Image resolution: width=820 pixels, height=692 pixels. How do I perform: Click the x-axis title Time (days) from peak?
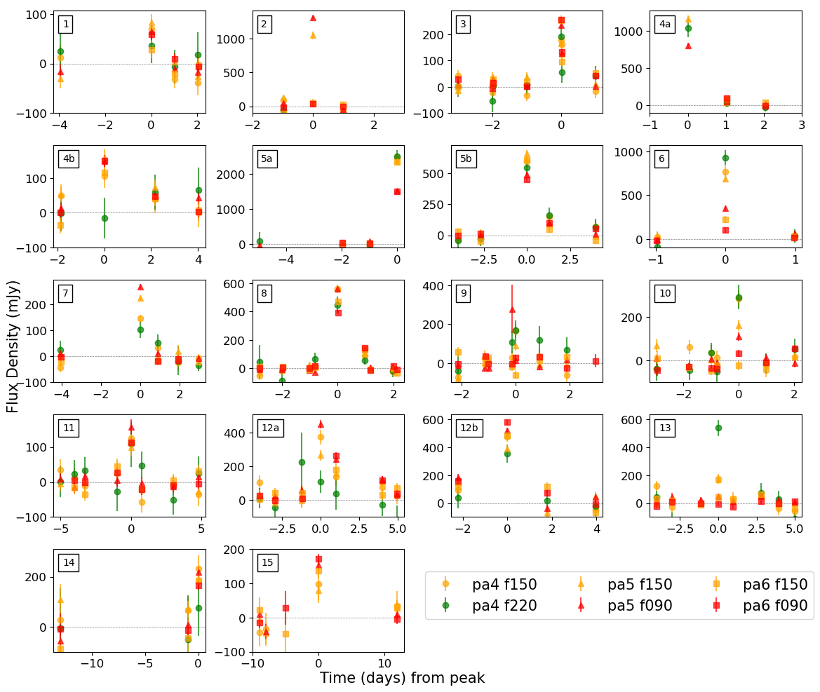402,678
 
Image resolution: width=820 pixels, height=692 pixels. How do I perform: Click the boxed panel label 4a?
664,25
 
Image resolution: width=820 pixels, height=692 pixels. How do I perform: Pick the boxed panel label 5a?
267,158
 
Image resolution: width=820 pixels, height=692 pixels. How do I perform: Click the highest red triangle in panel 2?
313,18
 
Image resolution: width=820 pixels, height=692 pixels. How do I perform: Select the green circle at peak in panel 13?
718,428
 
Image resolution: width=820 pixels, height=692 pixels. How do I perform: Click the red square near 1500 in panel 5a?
397,191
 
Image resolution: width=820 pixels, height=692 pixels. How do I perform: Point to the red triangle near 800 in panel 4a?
688,46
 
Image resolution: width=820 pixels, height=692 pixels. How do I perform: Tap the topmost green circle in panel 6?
725,158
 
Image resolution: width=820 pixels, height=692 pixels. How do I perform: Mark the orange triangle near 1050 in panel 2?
313,35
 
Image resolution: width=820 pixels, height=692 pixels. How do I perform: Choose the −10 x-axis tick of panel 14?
91,663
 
